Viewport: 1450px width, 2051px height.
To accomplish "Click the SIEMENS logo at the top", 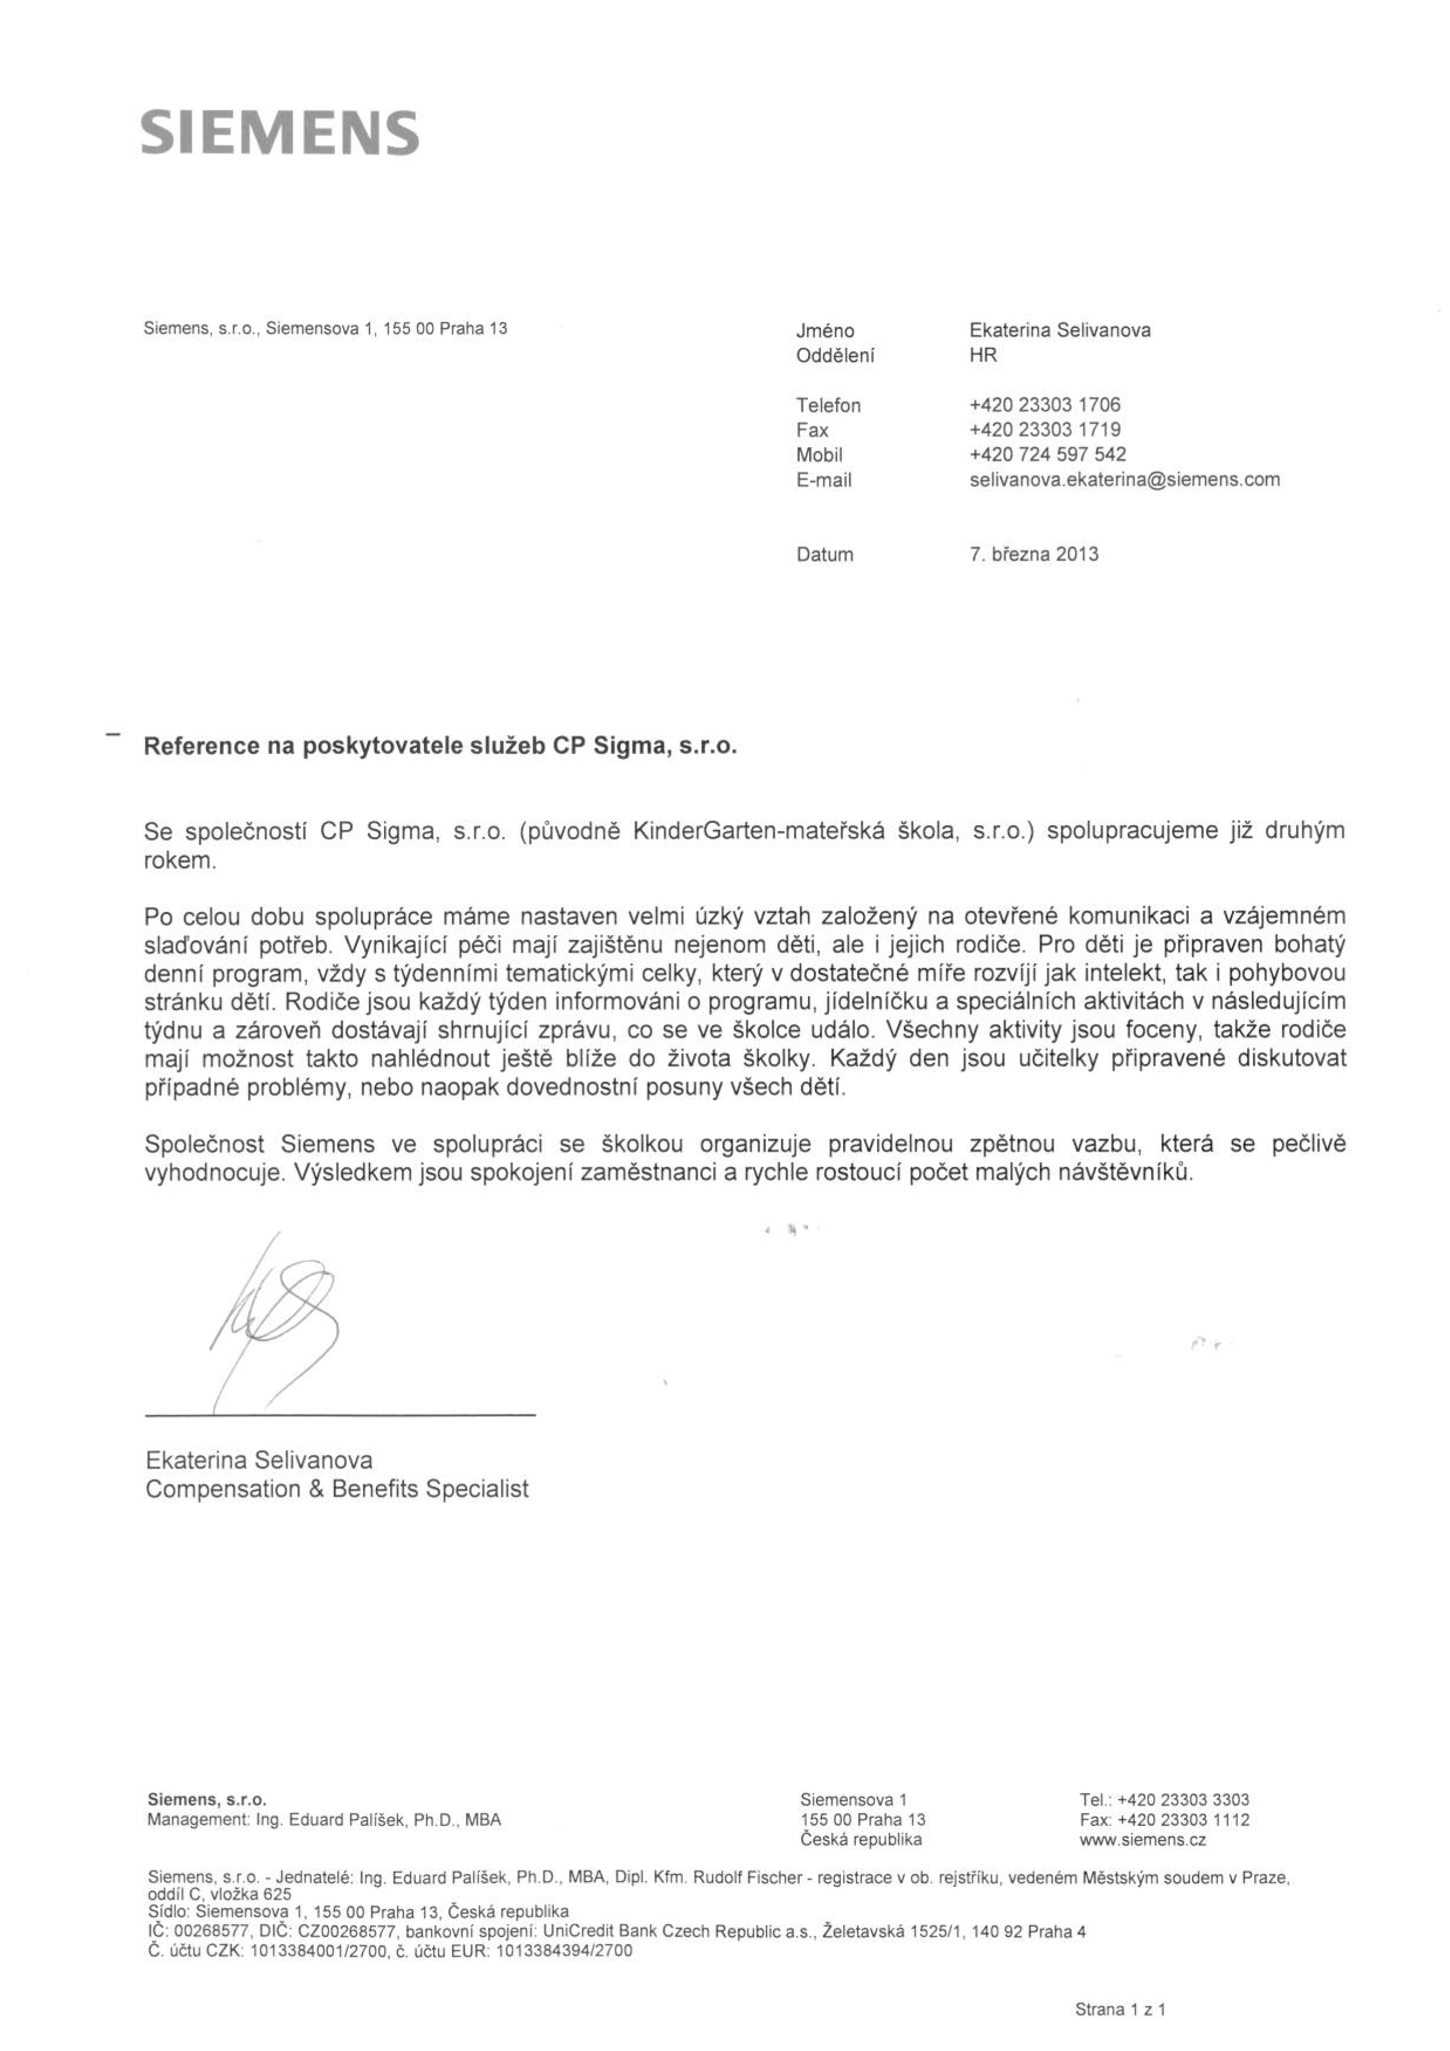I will [x=279, y=133].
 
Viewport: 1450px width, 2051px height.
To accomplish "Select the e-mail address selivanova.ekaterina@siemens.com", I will [x=1124, y=480].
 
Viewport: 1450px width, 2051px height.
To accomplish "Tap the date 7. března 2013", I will [x=1034, y=554].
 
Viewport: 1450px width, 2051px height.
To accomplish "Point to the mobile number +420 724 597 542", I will [x=1047, y=455].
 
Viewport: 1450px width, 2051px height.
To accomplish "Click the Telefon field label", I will [x=828, y=406].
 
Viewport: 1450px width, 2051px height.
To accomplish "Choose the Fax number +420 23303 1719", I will [x=1044, y=430].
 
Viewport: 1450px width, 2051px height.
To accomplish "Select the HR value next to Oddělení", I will [x=983, y=355].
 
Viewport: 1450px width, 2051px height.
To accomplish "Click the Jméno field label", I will [x=824, y=330].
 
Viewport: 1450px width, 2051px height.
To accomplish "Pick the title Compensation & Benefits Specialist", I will [x=337, y=1489].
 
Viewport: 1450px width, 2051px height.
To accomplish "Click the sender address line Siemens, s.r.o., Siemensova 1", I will [x=325, y=328].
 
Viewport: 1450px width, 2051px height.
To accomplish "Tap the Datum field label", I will [x=824, y=555].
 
